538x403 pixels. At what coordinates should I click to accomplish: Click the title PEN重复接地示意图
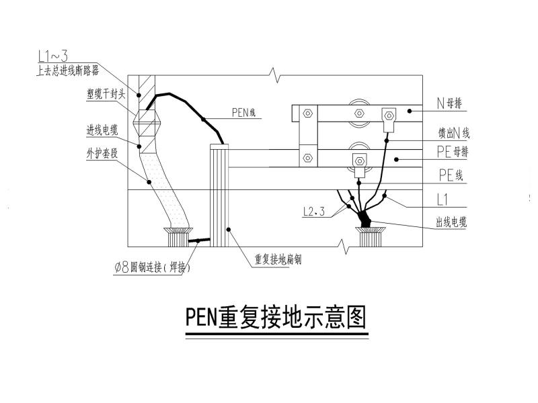(x=276, y=319)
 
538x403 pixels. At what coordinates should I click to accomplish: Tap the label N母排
(x=452, y=104)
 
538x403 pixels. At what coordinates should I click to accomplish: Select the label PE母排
(x=452, y=152)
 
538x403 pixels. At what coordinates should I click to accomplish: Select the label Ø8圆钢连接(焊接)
(x=154, y=268)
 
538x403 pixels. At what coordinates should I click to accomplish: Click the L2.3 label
(x=314, y=212)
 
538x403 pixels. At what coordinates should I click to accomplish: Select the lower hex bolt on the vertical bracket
(x=307, y=159)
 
